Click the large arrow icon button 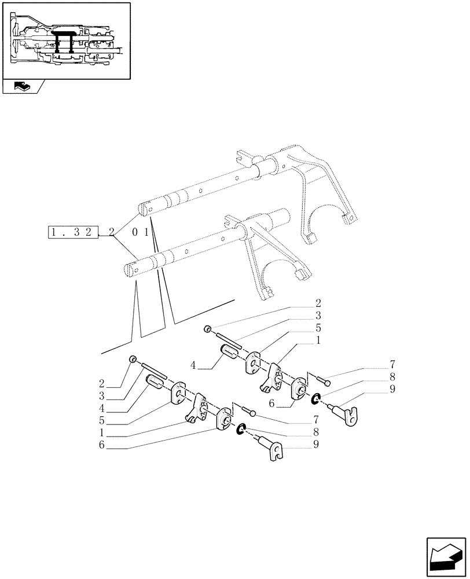445,556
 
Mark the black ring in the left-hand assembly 243,429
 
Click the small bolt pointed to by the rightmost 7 324,380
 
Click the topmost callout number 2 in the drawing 318,303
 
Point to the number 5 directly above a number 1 318,327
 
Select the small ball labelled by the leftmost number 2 133,360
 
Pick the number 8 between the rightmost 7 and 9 392,378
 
